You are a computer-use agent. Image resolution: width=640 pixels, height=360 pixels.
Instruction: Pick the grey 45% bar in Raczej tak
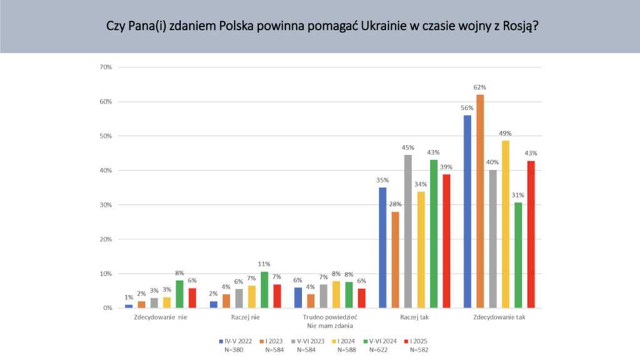click(x=407, y=231)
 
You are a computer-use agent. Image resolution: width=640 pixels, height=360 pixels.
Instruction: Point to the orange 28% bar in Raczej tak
click(x=395, y=259)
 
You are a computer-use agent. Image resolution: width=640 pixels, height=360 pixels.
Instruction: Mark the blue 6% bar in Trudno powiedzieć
click(x=298, y=297)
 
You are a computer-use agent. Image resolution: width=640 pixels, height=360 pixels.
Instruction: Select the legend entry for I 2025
click(x=414, y=341)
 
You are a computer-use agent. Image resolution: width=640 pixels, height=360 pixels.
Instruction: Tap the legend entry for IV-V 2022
click(x=232, y=341)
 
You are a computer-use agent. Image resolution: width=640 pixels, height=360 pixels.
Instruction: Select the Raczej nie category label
click(x=245, y=317)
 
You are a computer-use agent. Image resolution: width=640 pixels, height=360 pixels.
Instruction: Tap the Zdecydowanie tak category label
click(x=499, y=317)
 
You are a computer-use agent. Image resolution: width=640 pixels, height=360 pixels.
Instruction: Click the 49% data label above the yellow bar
click(x=505, y=133)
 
